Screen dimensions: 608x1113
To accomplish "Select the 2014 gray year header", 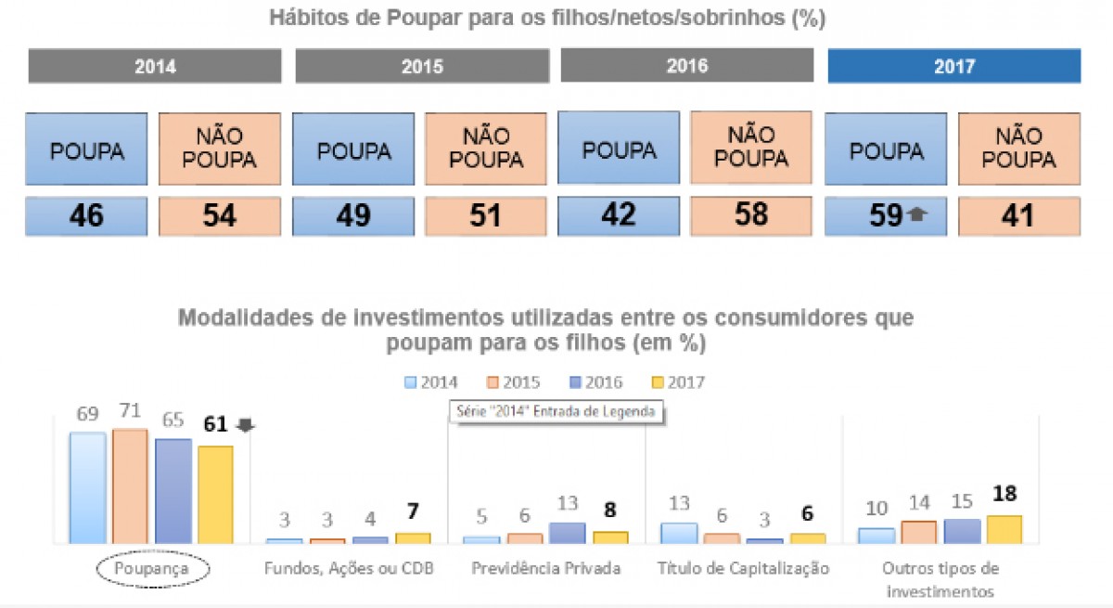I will point(155,67).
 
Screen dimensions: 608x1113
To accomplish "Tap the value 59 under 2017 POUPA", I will point(886,215).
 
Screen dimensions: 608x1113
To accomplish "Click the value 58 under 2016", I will point(751,214).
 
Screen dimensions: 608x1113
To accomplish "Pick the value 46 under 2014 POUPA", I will point(85,215).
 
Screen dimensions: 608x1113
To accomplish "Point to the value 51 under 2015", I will point(486,215).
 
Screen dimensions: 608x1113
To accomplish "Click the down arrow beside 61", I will point(246,425).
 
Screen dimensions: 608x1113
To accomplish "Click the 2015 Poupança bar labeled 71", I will point(130,485).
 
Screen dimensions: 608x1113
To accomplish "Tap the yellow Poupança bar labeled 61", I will point(215,494).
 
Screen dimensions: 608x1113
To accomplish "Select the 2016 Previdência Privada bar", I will point(567,532).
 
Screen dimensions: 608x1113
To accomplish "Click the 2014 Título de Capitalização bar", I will point(679,532).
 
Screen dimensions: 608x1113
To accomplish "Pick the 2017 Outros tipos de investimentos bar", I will point(1004,528).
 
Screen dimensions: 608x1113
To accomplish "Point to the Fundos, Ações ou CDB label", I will point(349,568).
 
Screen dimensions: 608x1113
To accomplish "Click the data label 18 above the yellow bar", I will point(1004,493).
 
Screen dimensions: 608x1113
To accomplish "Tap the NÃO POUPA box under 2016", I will point(751,149).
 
